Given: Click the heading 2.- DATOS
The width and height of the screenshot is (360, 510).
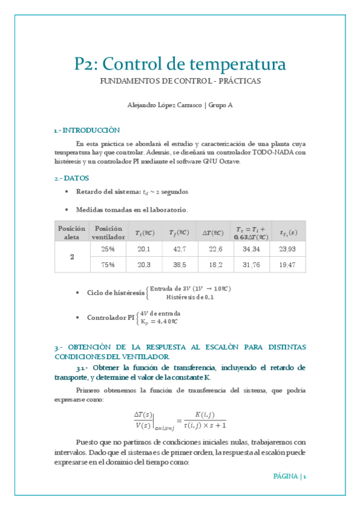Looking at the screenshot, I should (x=71, y=178).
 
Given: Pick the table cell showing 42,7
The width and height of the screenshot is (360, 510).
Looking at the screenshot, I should (x=179, y=248).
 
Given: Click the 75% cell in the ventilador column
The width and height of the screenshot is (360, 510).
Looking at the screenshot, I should (x=108, y=264).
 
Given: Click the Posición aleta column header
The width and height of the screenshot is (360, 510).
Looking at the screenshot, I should (x=72, y=232).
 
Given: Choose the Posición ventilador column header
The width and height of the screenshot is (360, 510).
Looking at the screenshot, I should (x=108, y=232).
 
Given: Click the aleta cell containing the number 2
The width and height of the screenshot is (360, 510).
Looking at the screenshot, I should (x=72, y=256).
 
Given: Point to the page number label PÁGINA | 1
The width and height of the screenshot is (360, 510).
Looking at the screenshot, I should (x=290, y=476).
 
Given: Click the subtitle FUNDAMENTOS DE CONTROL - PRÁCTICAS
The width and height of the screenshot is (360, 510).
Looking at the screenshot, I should (x=180, y=81).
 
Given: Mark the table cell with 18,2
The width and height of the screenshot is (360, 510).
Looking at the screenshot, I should (x=215, y=264).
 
